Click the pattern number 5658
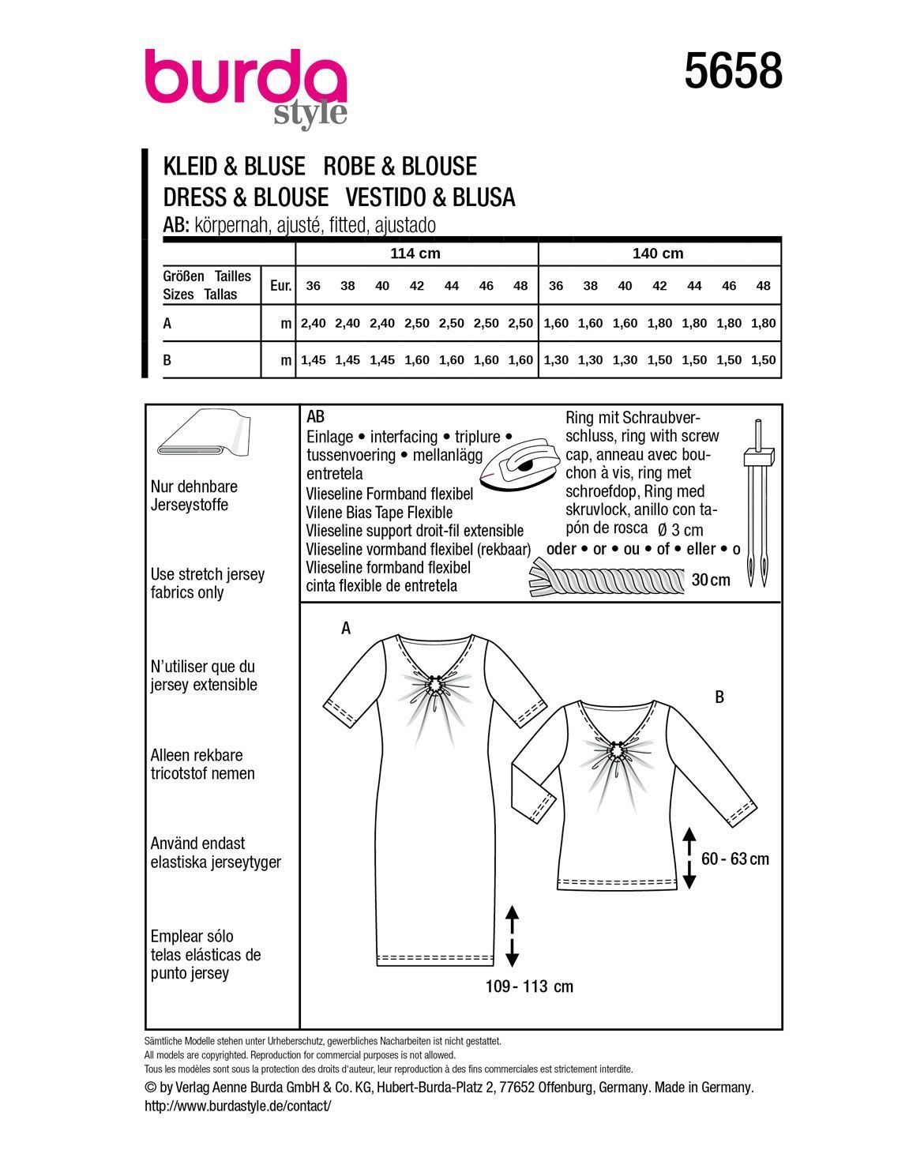pos(734,71)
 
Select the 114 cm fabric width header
pos(415,254)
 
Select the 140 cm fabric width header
pos(658,254)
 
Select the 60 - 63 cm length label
pos(734,859)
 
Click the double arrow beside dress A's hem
pos(512,936)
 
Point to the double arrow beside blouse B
pos(689,859)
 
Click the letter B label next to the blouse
pos(719,697)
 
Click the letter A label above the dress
pos(345,628)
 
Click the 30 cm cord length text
pos(711,580)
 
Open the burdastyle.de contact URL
pos(238,1106)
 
